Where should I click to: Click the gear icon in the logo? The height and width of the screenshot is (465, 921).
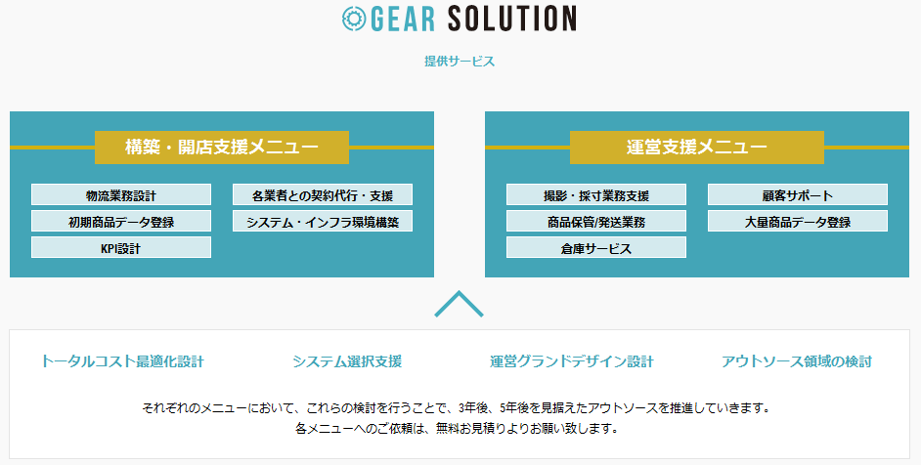[x=354, y=19]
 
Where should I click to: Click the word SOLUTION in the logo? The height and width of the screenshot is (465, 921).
[x=511, y=19]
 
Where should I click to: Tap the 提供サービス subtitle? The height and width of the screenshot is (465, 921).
[x=460, y=62]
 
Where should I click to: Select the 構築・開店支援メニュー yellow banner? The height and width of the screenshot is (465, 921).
[x=221, y=147]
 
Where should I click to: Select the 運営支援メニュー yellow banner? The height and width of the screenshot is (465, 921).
[x=697, y=147]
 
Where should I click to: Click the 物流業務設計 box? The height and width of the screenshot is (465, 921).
[x=121, y=195]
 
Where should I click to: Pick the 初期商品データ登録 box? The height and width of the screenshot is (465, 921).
[x=121, y=222]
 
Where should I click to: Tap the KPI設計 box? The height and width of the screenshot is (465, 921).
[x=121, y=247]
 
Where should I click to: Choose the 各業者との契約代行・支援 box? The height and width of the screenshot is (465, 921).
[x=323, y=195]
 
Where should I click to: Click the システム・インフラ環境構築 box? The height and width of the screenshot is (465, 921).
[x=323, y=222]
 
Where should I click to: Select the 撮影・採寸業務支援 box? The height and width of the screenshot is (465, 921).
[x=596, y=195]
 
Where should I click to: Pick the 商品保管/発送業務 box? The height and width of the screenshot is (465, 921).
[x=596, y=222]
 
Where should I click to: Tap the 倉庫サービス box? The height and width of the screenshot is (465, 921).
[x=596, y=247]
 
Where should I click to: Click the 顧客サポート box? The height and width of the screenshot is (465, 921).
[x=798, y=195]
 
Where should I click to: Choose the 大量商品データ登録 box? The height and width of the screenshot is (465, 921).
[x=798, y=222]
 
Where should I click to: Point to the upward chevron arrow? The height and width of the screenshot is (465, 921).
[x=459, y=293]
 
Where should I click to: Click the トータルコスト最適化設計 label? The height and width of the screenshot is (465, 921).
[x=122, y=361]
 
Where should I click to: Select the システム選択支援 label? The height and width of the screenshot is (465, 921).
[x=347, y=361]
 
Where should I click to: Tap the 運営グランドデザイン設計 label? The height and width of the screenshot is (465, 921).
[x=572, y=361]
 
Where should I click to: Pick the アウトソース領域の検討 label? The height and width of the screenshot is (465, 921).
[x=797, y=361]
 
